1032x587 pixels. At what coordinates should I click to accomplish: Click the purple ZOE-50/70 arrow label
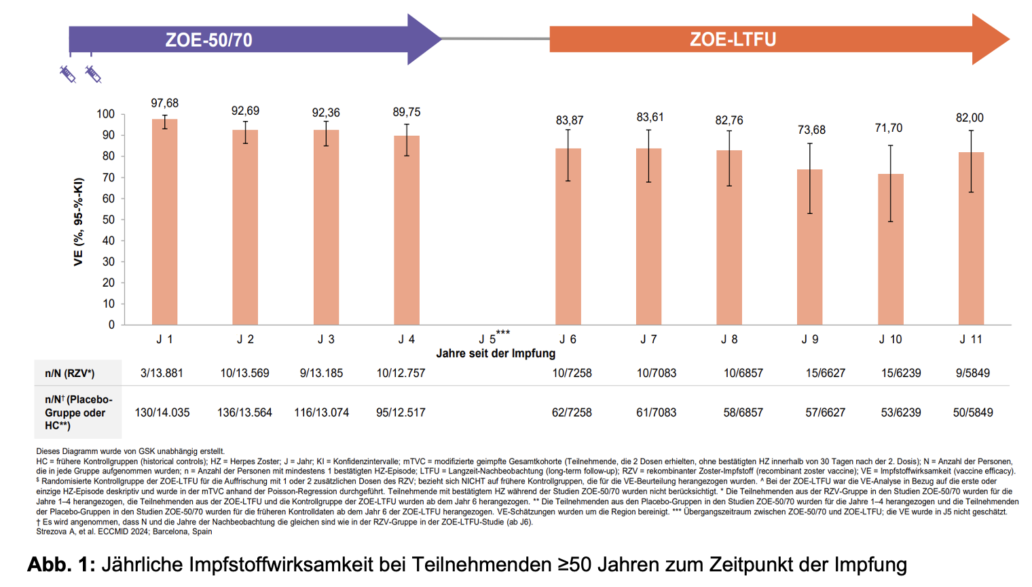pos(209,40)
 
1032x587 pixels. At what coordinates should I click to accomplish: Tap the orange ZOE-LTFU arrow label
pos(733,39)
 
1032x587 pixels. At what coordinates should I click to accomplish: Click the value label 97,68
pos(164,103)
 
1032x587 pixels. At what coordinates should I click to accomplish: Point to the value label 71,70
pos(889,128)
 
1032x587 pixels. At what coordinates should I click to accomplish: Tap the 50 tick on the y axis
pos(109,219)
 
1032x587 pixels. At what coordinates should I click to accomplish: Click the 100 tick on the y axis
pos(106,114)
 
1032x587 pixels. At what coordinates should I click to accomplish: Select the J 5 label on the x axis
pos(487,339)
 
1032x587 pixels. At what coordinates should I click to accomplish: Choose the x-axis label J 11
pos(971,339)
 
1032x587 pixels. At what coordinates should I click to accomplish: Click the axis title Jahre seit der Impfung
pos(496,353)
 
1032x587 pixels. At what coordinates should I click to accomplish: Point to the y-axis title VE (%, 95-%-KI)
pos(79,221)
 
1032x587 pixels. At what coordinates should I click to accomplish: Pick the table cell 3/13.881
pos(162,373)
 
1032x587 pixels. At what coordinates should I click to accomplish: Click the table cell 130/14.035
pos(162,412)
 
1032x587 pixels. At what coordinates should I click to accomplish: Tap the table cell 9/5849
pos(972,373)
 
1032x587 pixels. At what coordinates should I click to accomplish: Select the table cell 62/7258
pos(572,412)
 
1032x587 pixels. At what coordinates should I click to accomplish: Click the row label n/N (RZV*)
pos(70,373)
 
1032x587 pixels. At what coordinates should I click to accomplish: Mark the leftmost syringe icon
pos(67,73)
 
